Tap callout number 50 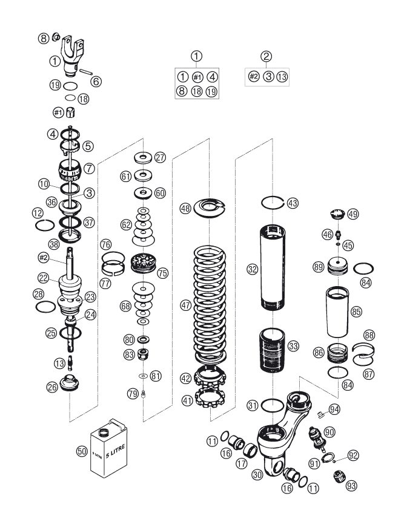coord(82,451)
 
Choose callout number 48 coord(185,208)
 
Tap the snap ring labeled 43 coord(273,201)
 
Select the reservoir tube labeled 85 coord(339,312)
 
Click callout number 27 coord(159,158)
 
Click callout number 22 coord(42,277)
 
